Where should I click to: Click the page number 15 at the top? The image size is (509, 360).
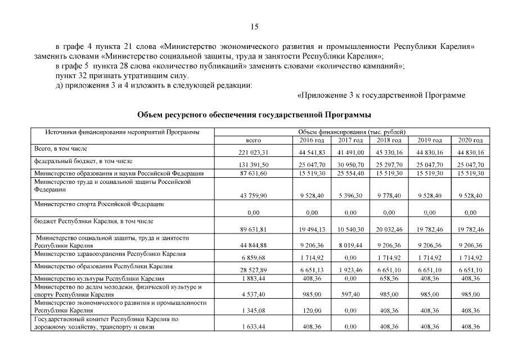[254, 26]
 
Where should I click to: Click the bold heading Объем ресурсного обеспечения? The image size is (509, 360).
[254, 115]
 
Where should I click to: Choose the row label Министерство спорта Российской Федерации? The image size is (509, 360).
[99, 204]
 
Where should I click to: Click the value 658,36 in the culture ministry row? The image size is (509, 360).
[390, 278]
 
